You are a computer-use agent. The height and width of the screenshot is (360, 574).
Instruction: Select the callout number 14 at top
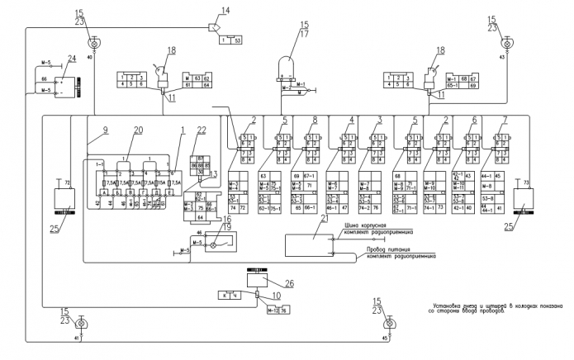click(x=223, y=11)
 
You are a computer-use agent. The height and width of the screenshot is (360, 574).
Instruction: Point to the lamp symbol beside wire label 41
click(x=81, y=322)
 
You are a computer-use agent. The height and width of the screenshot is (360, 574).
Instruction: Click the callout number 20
click(x=137, y=130)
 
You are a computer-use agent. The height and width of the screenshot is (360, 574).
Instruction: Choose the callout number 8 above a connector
click(x=315, y=120)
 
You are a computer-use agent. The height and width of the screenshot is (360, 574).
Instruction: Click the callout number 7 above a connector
click(x=505, y=120)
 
